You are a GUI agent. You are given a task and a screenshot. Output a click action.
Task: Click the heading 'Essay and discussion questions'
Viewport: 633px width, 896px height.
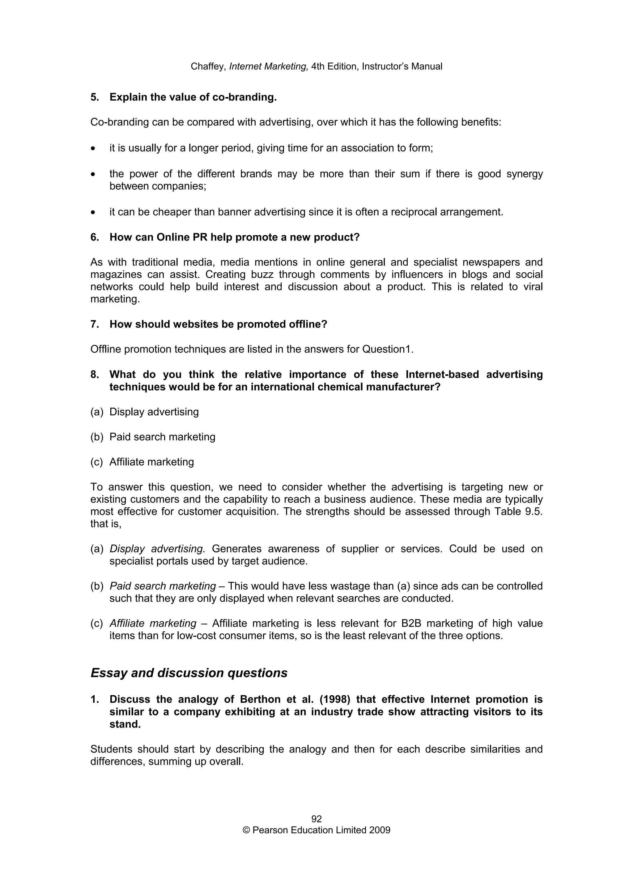189,673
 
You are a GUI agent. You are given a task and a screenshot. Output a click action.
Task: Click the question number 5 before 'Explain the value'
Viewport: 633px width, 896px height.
94,97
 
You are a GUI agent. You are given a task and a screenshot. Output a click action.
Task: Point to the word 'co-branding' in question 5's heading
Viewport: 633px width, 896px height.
244,97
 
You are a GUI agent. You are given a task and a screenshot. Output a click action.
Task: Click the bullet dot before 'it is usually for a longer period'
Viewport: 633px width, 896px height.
93,149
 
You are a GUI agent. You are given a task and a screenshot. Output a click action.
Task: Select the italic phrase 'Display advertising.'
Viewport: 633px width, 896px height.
157,549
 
